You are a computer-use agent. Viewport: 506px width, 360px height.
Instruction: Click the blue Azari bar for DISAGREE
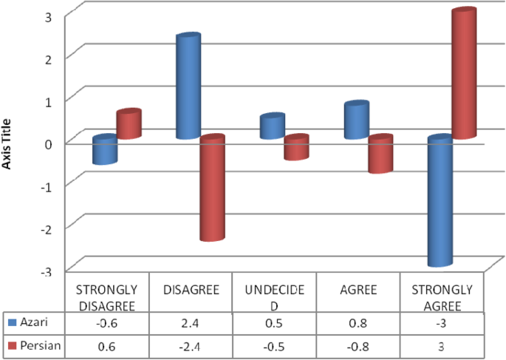(188, 87)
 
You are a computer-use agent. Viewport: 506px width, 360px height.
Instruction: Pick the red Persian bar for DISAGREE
(211, 189)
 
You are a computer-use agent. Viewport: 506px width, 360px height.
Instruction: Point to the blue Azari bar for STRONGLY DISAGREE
(105, 151)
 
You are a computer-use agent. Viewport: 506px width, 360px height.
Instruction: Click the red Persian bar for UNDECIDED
(295, 148)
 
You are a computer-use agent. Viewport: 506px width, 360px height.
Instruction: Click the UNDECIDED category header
(274, 295)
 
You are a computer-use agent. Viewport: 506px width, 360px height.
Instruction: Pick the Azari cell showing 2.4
(191, 323)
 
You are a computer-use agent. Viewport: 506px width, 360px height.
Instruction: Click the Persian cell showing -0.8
(358, 346)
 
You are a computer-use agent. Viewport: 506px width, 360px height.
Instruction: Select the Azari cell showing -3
(441, 323)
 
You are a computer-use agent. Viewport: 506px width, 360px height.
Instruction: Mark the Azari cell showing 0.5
(274, 323)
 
